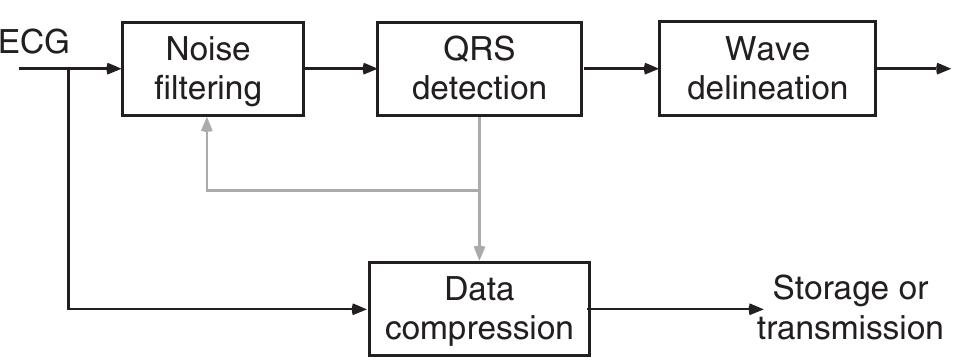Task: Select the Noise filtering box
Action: (x=212, y=68)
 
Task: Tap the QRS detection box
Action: (x=479, y=68)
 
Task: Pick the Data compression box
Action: (x=479, y=308)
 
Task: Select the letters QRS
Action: (x=479, y=49)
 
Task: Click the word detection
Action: (x=479, y=88)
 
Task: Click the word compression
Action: (x=479, y=328)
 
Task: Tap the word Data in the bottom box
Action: (x=479, y=290)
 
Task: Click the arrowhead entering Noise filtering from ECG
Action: (x=114, y=69)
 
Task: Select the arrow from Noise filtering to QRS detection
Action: (x=340, y=69)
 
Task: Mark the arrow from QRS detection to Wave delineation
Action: (x=620, y=69)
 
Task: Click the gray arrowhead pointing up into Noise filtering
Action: (x=206, y=124)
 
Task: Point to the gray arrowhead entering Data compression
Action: (x=480, y=254)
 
